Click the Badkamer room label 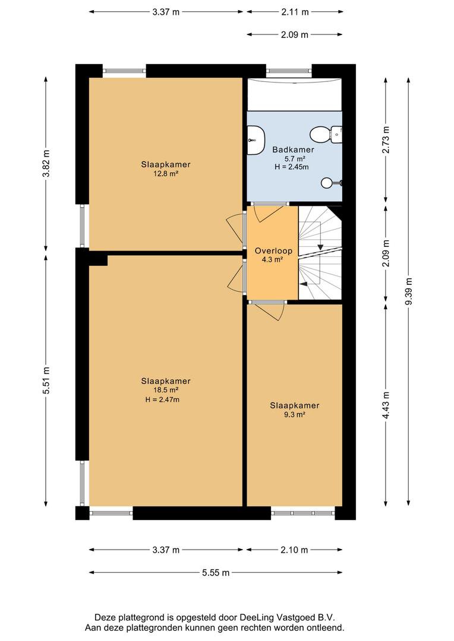click(x=293, y=150)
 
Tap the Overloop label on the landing click(x=273, y=250)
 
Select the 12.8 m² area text click(x=165, y=173)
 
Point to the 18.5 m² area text click(x=165, y=390)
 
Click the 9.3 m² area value click(x=294, y=414)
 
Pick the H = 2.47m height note click(x=162, y=399)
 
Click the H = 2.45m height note click(x=292, y=167)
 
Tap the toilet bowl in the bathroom click(x=320, y=134)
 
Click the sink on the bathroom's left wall click(x=256, y=140)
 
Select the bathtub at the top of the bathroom click(x=294, y=94)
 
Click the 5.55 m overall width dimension click(x=216, y=572)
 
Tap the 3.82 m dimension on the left click(x=46, y=163)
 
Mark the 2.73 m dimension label click(x=386, y=140)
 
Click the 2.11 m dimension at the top click(x=295, y=12)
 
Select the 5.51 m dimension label click(x=46, y=380)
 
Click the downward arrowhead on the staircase click(x=320, y=247)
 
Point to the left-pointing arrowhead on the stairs click(x=303, y=283)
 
